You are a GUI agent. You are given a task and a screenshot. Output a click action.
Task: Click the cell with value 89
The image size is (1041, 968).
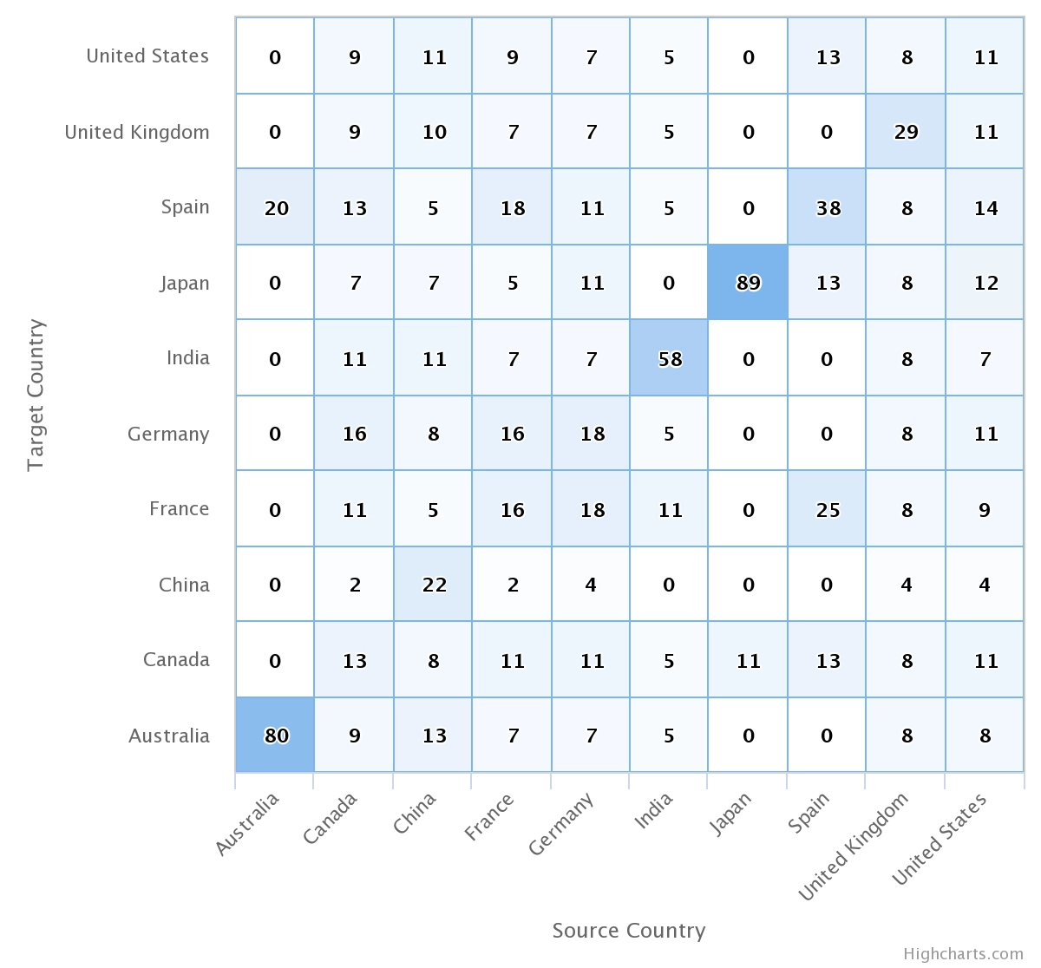(x=748, y=283)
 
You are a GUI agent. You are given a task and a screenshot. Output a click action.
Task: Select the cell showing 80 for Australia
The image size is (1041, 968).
(x=275, y=736)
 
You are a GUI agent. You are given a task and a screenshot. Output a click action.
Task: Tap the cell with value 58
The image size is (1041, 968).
(x=669, y=358)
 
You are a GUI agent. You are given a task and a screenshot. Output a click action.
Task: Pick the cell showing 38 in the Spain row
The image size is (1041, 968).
(x=827, y=207)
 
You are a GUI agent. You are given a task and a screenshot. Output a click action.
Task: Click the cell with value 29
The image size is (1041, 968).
(x=906, y=132)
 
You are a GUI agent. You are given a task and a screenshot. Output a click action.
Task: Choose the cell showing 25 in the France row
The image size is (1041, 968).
(x=827, y=509)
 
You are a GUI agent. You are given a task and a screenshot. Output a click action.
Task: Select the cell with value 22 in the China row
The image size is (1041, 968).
(x=433, y=585)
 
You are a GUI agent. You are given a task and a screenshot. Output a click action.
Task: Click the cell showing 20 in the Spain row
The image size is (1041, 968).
(x=275, y=207)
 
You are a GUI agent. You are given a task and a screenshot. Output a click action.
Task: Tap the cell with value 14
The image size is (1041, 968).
(x=985, y=207)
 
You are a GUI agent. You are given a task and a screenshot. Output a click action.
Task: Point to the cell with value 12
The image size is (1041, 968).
(x=985, y=283)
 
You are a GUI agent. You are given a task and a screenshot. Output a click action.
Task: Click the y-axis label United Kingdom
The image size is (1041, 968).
(x=137, y=132)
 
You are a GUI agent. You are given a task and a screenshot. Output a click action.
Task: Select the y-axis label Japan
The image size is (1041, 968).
(x=184, y=283)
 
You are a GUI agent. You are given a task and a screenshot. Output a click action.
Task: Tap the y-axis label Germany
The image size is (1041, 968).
(x=168, y=434)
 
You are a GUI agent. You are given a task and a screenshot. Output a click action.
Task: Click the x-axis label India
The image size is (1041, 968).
(x=653, y=812)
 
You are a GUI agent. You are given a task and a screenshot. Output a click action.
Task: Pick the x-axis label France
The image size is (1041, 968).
(x=489, y=817)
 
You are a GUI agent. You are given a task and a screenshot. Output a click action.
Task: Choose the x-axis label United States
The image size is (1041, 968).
(x=940, y=839)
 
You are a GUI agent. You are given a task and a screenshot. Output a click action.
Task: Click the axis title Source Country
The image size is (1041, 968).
(x=629, y=931)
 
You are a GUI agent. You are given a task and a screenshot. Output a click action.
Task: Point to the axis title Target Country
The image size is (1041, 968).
(x=35, y=396)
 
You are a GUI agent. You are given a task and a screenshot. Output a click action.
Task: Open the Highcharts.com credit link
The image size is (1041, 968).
(x=963, y=954)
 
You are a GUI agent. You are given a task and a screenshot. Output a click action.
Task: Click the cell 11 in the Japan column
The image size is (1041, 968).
(x=748, y=660)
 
